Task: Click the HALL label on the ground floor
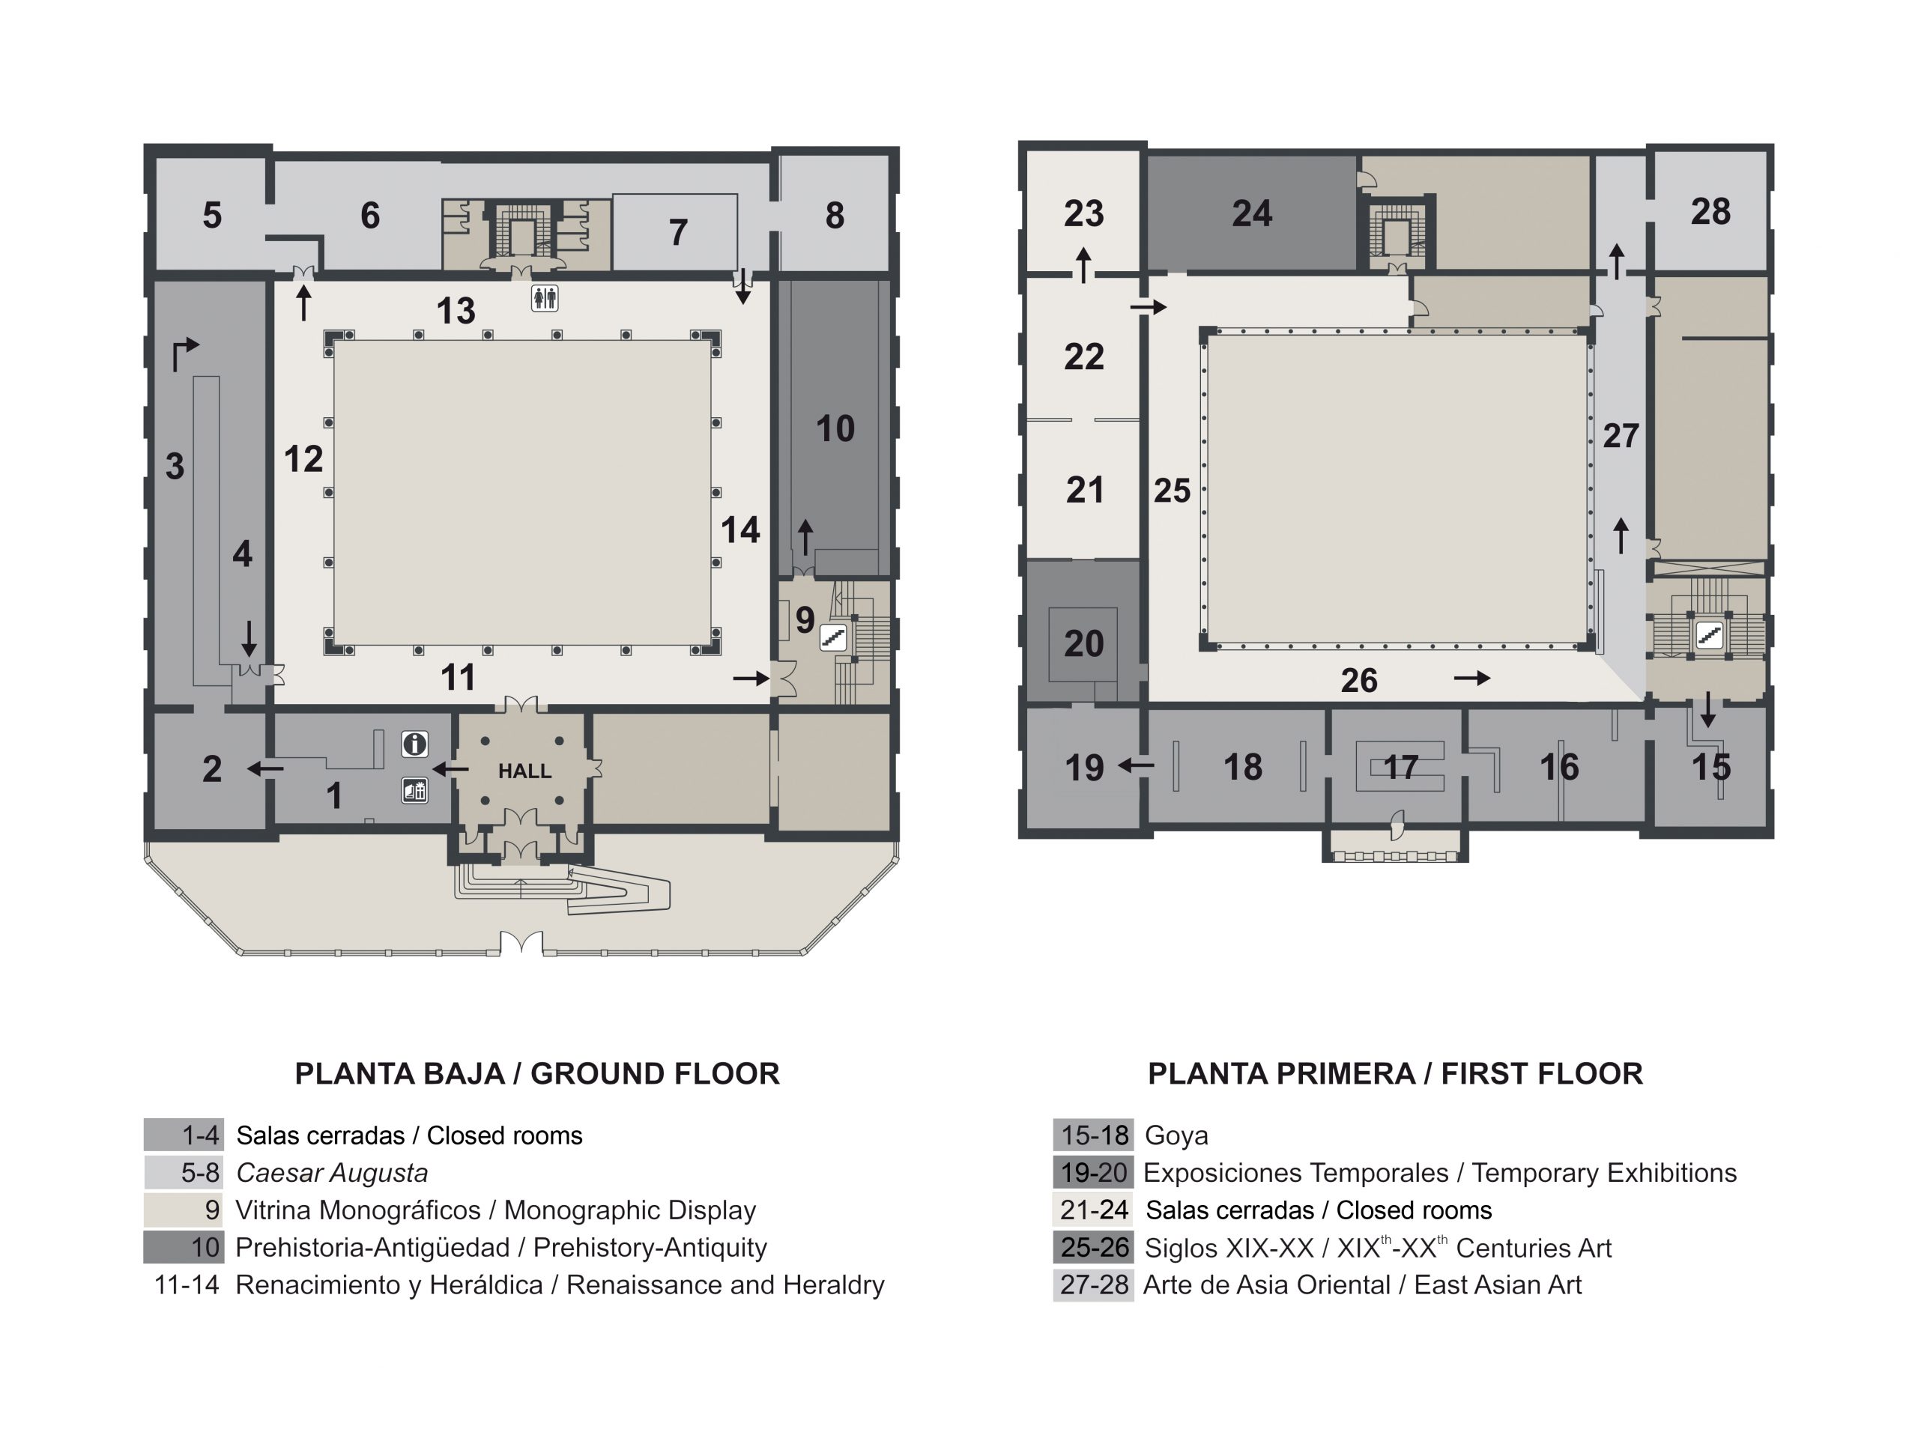(x=524, y=771)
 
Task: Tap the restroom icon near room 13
(x=545, y=298)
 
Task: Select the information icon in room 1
(x=414, y=744)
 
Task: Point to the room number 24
(x=1252, y=213)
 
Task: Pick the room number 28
(x=1710, y=211)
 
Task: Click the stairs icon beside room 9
(x=833, y=638)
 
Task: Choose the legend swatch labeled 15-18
(x=1093, y=1135)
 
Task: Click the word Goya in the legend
(x=1176, y=1135)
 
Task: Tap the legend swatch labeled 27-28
(x=1093, y=1284)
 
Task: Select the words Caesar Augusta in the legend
(x=332, y=1173)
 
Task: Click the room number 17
(x=1400, y=767)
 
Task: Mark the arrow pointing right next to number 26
(x=1472, y=678)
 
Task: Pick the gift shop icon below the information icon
(x=414, y=790)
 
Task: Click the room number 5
(x=213, y=216)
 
